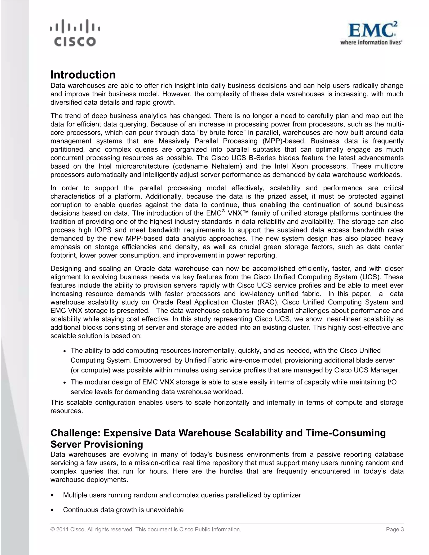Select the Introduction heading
[x=83, y=75]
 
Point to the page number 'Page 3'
[x=395, y=529]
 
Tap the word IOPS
[x=103, y=230]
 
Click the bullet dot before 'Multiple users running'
[x=52, y=495]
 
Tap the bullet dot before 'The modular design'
[x=65, y=383]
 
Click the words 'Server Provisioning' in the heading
[x=97, y=444]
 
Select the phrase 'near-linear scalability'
[x=361, y=319]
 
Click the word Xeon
[x=299, y=166]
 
